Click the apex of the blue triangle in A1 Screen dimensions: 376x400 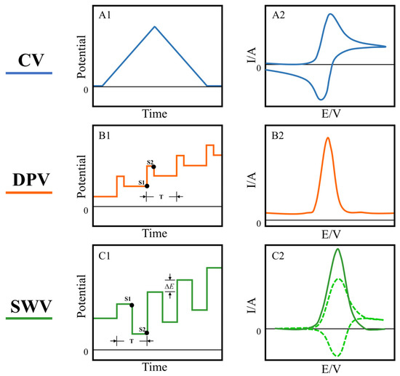coord(154,26)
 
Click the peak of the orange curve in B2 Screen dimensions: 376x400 coord(327,138)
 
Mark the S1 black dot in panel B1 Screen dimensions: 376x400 coord(146,186)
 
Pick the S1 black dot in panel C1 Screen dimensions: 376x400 coord(132,305)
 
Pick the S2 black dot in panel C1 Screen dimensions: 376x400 coord(146,333)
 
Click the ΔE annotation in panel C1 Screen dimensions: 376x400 coord(169,286)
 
